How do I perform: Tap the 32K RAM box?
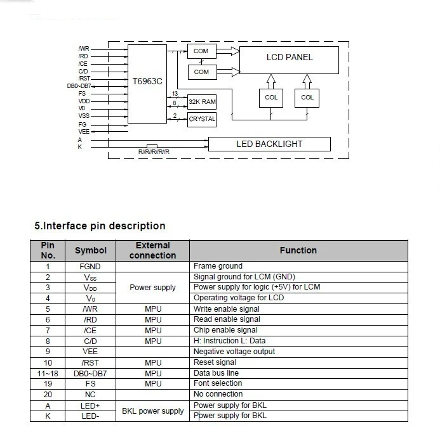tap(201, 101)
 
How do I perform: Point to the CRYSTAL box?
tap(202, 119)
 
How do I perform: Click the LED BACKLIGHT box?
tap(269, 144)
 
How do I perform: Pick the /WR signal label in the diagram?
tap(83, 49)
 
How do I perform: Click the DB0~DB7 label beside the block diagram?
tap(79, 86)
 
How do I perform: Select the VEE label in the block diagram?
tap(83, 131)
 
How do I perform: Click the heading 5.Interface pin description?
tap(100, 226)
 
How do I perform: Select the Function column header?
tap(298, 250)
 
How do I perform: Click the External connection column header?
tap(152, 250)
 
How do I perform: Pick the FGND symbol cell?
tap(91, 266)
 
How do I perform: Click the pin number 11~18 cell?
tap(48, 373)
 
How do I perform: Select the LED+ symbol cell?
tap(91, 405)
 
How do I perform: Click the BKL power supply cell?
tap(152, 411)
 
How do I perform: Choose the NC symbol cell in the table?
tap(91, 394)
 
